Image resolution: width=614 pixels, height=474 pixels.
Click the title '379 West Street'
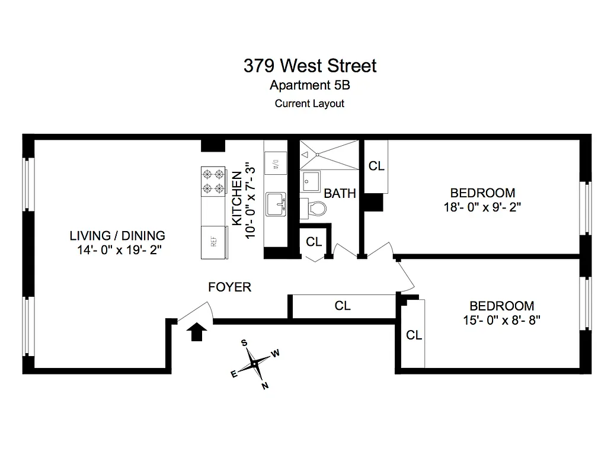[309, 65]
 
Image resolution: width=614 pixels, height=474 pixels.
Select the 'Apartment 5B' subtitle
[309, 85]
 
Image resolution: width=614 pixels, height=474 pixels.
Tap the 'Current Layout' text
[309, 103]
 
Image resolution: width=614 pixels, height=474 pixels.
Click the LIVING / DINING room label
[117, 235]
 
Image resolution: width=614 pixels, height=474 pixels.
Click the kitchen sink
[276, 205]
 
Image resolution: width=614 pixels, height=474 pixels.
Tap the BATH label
[340, 193]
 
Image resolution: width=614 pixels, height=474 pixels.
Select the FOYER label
[230, 287]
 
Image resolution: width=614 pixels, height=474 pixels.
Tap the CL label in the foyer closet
[343, 306]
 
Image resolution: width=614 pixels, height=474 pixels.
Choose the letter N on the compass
[265, 386]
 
